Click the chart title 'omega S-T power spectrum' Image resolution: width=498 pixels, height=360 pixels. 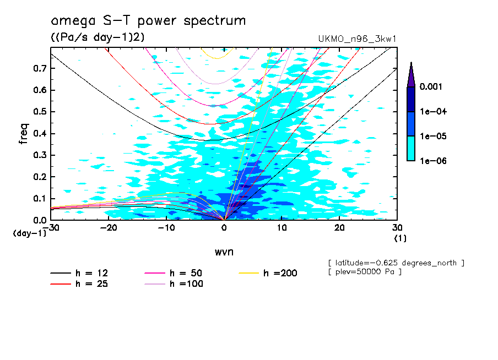pos(148,21)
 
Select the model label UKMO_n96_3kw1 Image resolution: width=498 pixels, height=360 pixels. pos(358,39)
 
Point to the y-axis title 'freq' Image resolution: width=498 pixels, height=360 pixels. pos(23,134)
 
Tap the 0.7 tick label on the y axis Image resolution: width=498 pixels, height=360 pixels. pos(39,68)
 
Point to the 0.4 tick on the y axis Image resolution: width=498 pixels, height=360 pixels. pos(39,134)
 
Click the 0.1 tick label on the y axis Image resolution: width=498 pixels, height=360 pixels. pos(39,199)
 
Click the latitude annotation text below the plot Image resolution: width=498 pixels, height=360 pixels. pos(396,263)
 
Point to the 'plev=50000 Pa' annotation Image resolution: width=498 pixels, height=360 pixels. pos(364,272)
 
